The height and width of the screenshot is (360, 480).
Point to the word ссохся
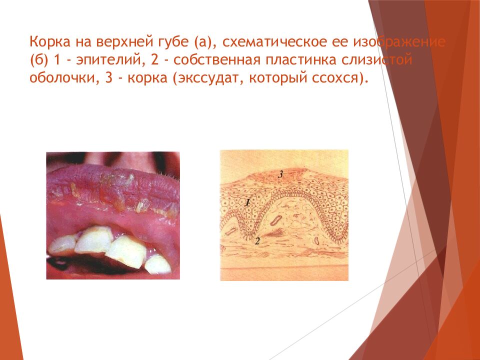(x=339, y=79)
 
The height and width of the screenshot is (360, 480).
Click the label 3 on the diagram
(x=280, y=174)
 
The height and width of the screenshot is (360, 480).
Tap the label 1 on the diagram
(x=247, y=202)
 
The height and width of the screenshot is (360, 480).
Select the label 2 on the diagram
(x=257, y=241)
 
